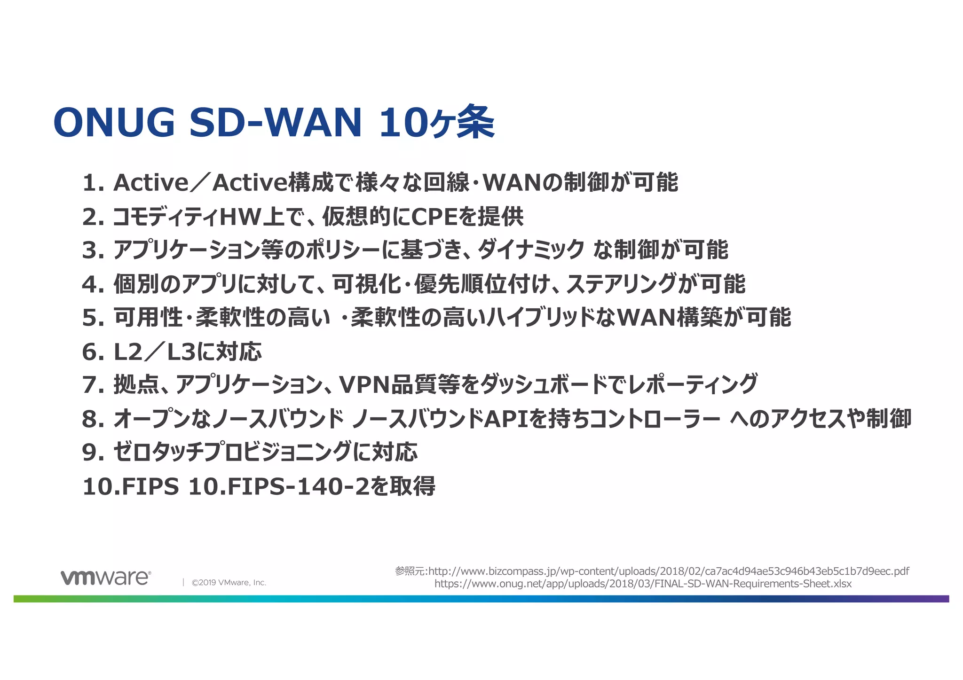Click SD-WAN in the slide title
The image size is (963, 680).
click(x=276, y=122)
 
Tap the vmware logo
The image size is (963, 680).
click(x=106, y=578)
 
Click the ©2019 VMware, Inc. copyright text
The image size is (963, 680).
click(x=229, y=583)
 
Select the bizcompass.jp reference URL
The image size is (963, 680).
click(x=668, y=571)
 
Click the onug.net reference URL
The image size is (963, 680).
click(x=643, y=584)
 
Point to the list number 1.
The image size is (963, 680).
click(x=89, y=183)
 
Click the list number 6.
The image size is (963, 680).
click(x=89, y=352)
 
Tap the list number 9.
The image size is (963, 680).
click(x=89, y=452)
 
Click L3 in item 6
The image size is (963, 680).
click(x=181, y=352)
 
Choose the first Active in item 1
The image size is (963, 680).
click(x=151, y=183)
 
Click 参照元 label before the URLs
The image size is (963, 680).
click(x=410, y=571)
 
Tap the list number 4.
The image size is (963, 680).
click(x=89, y=284)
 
